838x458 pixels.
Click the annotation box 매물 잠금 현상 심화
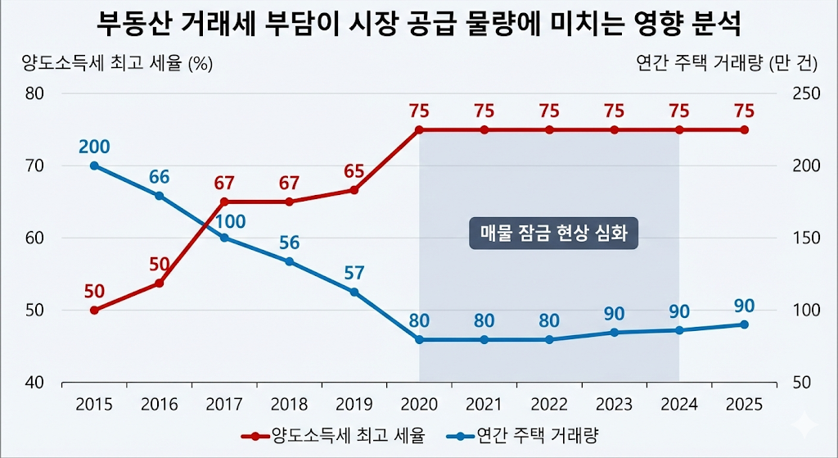(x=553, y=233)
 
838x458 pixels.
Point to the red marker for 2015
(x=94, y=311)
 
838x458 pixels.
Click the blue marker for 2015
(x=94, y=166)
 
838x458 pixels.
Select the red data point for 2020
(x=419, y=130)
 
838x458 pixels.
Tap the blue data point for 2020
(x=419, y=339)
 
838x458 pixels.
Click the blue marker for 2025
(x=744, y=324)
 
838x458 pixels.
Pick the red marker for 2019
(x=354, y=190)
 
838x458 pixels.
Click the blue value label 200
(x=94, y=147)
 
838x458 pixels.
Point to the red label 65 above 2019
(x=354, y=171)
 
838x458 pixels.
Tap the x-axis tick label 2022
(x=549, y=404)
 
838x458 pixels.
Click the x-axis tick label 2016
(x=160, y=404)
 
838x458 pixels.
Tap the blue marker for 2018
(x=289, y=261)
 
